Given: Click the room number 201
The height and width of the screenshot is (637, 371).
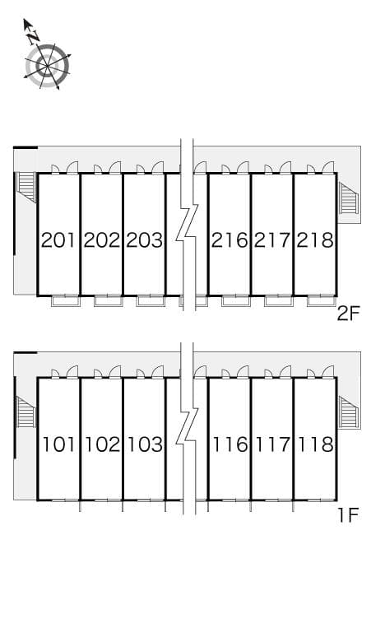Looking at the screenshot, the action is click(x=59, y=240).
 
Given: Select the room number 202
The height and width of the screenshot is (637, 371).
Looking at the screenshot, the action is click(x=102, y=240).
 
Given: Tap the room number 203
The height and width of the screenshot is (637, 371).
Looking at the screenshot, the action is click(x=145, y=240).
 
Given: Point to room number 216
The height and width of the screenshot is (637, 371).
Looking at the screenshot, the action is click(x=230, y=240).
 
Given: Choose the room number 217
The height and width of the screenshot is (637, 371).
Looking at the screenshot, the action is click(x=272, y=240).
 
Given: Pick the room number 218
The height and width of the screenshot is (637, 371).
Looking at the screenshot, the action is click(x=315, y=240).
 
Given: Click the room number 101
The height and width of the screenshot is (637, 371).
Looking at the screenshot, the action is click(x=59, y=444).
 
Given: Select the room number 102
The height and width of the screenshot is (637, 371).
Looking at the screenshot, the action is click(x=102, y=444).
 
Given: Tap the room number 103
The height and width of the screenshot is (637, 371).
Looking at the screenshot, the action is click(x=145, y=444).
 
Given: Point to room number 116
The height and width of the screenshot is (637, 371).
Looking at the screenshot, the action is click(x=230, y=444).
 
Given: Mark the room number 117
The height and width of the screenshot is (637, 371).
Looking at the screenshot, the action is click(x=273, y=444).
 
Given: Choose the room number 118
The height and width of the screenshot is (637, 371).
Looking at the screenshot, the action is click(x=315, y=444).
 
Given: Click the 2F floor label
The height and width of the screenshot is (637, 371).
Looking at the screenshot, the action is click(x=348, y=314).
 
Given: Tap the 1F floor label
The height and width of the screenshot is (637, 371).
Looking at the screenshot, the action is click(x=349, y=515).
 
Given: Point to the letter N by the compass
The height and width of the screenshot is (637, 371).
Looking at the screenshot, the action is click(x=33, y=38).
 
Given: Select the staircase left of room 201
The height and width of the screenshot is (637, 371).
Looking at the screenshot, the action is click(x=26, y=187).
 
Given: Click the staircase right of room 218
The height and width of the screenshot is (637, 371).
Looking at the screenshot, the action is click(x=349, y=198).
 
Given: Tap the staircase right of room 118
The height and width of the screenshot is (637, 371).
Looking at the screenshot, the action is click(x=349, y=412).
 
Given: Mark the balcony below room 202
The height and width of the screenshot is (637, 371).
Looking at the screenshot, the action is click(x=109, y=301).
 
